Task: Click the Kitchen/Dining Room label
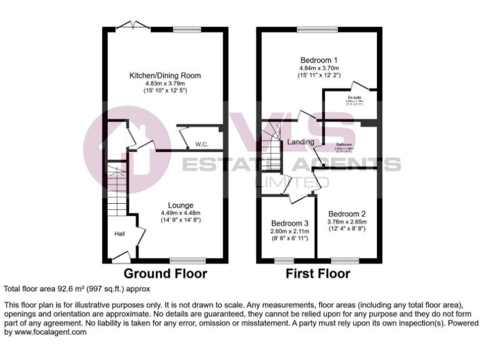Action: click(165, 75)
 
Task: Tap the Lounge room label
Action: click(180, 204)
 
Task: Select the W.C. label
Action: click(201, 144)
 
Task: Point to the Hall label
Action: click(119, 234)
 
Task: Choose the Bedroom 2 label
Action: click(347, 212)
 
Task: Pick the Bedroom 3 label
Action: click(290, 223)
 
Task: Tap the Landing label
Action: click(301, 142)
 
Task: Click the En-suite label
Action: click(355, 98)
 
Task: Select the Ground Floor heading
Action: click(165, 273)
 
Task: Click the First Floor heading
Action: click(317, 273)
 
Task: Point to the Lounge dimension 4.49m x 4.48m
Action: click(180, 212)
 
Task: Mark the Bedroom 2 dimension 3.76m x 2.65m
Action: click(347, 221)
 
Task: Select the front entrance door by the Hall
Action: click(120, 256)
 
